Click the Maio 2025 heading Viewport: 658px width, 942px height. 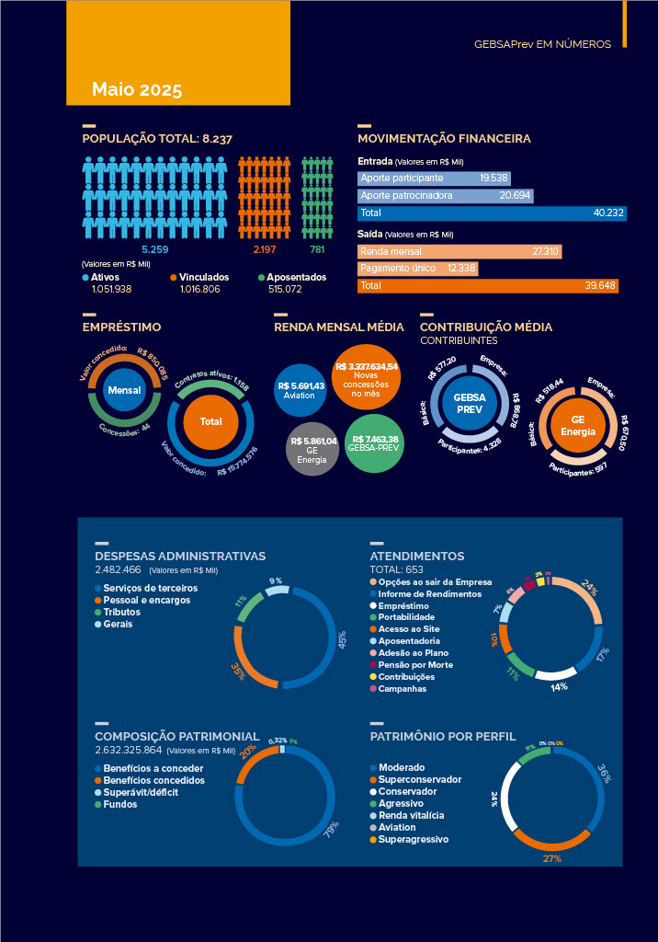point(137,89)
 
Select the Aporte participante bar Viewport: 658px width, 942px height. point(433,178)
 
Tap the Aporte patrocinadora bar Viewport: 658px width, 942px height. point(445,196)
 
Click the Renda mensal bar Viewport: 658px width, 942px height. point(459,251)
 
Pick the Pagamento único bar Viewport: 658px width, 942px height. point(417,269)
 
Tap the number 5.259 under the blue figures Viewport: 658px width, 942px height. point(154,249)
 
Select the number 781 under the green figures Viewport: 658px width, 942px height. point(317,249)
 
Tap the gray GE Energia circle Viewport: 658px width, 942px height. point(312,448)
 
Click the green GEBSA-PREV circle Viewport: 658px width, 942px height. point(374,444)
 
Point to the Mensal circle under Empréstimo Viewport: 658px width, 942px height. point(124,391)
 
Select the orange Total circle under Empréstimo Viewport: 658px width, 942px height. point(210,421)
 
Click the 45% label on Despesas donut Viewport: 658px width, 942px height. point(342,637)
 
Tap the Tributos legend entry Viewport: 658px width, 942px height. point(121,612)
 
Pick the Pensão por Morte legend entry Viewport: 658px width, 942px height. point(416,664)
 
